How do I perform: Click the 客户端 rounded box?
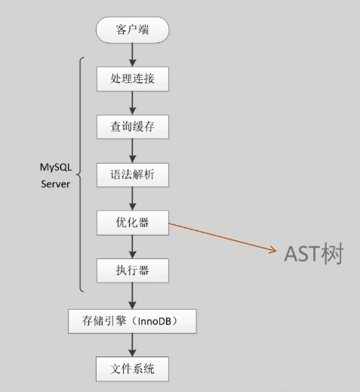click(x=133, y=30)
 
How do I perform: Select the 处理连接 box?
click(x=133, y=79)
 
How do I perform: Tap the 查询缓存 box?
click(x=133, y=127)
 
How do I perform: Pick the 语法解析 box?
click(x=133, y=175)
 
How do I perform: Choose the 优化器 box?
click(x=133, y=223)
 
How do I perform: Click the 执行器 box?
click(x=133, y=270)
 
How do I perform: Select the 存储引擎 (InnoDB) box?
click(x=132, y=322)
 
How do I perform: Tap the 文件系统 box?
click(x=132, y=369)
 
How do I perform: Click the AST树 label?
click(x=314, y=254)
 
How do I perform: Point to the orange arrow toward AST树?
click(x=223, y=237)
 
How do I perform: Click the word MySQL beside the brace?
click(x=56, y=168)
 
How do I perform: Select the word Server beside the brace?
click(x=55, y=184)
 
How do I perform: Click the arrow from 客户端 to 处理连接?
click(x=132, y=55)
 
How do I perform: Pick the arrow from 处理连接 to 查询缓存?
click(x=132, y=103)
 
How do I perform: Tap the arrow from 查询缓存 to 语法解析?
click(x=132, y=151)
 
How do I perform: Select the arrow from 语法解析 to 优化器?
click(x=132, y=199)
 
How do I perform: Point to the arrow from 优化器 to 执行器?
click(x=132, y=247)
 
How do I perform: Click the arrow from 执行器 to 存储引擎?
click(x=132, y=296)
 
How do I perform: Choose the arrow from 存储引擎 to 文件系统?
click(x=132, y=345)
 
